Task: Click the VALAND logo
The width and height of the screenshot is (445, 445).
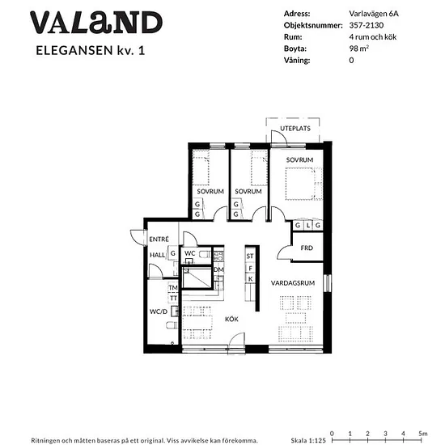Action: click(96, 23)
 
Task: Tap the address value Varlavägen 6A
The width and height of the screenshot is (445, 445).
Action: click(374, 14)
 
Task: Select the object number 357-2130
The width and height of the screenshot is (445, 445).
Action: click(367, 25)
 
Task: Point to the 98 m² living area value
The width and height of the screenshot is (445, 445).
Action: click(358, 49)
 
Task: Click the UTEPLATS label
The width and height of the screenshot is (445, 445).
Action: click(295, 129)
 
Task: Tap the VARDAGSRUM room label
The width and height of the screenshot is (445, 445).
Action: click(293, 283)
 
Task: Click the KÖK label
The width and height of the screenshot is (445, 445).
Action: click(231, 319)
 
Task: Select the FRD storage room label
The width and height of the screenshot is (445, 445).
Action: click(307, 248)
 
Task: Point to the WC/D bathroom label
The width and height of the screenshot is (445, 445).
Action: click(159, 311)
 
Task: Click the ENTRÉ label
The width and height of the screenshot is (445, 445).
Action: click(159, 239)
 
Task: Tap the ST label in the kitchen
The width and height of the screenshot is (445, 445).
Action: click(250, 256)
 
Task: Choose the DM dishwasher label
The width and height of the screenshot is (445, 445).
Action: click(218, 269)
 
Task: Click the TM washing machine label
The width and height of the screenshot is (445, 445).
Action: click(173, 288)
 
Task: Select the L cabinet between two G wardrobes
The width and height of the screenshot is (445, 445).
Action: click(308, 226)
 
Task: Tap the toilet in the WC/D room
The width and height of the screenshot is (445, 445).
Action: click(172, 325)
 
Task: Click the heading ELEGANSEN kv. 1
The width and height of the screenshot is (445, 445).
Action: click(91, 50)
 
